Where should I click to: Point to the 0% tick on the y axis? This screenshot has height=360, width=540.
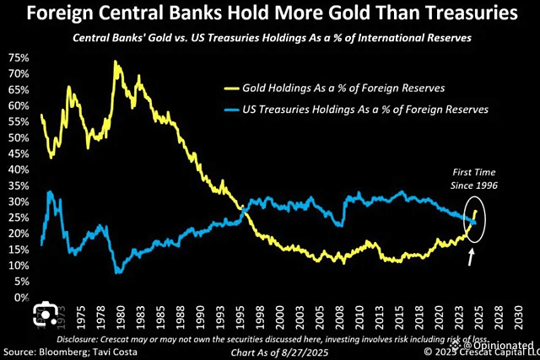20,298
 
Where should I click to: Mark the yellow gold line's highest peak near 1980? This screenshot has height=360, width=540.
115,62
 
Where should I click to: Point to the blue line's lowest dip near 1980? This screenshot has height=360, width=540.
118,272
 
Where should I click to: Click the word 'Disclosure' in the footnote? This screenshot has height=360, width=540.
93,338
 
